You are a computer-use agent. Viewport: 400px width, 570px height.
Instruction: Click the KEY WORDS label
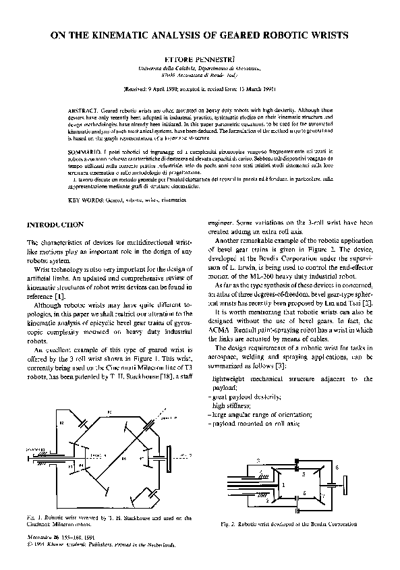tap(85, 201)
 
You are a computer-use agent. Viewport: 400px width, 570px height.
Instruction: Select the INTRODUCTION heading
tap(54, 224)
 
